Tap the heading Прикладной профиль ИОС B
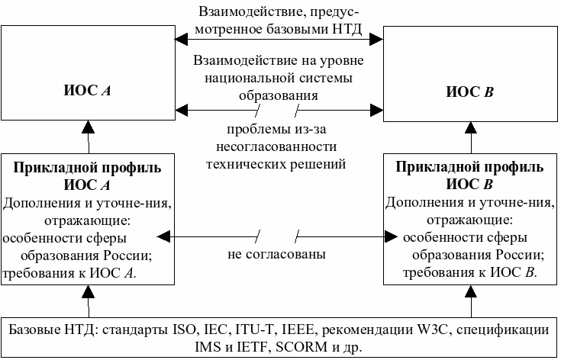click(470, 175)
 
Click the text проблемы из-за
click(278, 130)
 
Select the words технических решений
click(278, 163)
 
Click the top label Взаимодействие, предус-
click(278, 13)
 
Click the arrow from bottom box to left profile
click(88, 302)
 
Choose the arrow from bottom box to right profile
click(471, 302)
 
